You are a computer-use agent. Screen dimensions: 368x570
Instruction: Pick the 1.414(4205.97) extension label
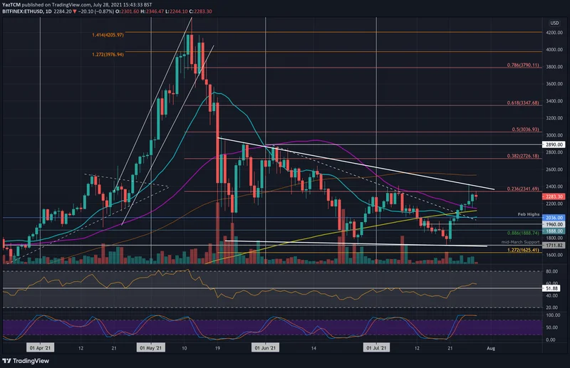pos(108,33)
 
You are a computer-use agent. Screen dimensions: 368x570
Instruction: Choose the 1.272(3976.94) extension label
pos(108,53)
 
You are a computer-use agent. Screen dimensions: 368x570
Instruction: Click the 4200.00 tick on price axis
pos(555,33)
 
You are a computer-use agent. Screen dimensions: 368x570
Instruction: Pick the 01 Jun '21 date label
pos(265,349)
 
